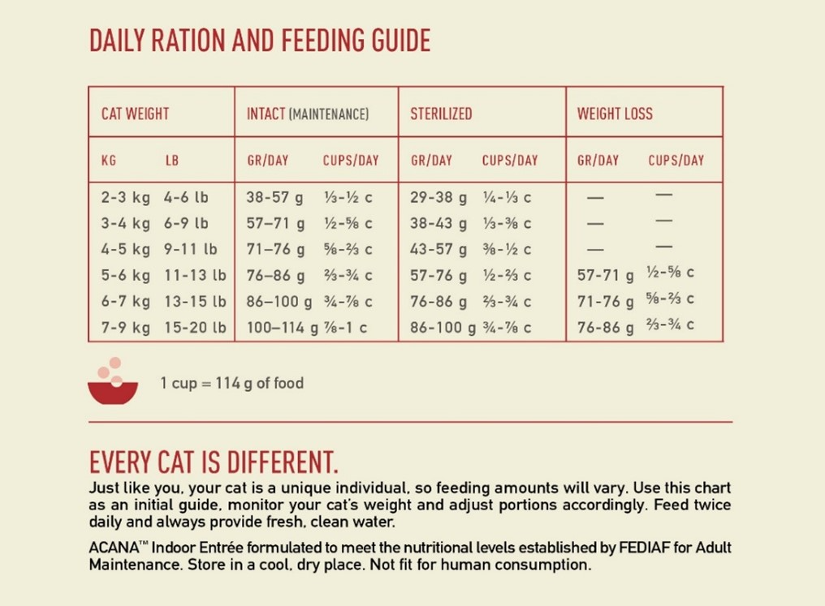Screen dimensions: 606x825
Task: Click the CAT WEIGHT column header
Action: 135,114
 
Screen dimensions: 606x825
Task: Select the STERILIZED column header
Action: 441,114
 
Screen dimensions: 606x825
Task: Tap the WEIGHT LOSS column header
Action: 615,114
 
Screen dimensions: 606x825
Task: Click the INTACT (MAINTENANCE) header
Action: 308,114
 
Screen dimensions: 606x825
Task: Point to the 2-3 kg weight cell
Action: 126,197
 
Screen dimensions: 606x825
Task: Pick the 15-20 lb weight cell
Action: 195,327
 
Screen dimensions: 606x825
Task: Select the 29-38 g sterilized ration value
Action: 438,197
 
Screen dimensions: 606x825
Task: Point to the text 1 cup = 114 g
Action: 231,383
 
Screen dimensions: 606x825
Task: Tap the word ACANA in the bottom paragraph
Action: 112,546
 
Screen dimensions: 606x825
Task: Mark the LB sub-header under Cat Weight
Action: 172,161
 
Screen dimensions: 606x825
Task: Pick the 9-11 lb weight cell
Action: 190,249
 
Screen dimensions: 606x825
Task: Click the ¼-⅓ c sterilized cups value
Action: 506,197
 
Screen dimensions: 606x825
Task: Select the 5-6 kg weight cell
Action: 126,275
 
